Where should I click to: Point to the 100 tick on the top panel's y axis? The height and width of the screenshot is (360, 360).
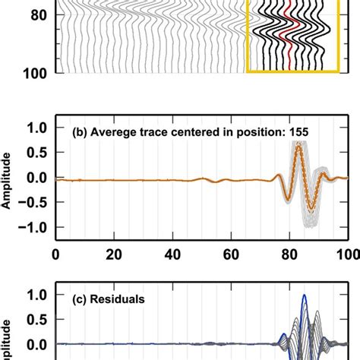tap(33, 72)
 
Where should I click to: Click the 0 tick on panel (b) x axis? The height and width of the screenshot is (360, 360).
tap(55, 256)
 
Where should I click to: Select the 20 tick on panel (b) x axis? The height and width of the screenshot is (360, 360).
tap(113, 256)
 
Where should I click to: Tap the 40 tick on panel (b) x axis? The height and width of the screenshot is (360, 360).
tap(172, 256)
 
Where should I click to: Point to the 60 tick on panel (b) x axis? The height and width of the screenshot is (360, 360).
tap(230, 256)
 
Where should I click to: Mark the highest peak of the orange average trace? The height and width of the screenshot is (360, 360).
tap(298, 145)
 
